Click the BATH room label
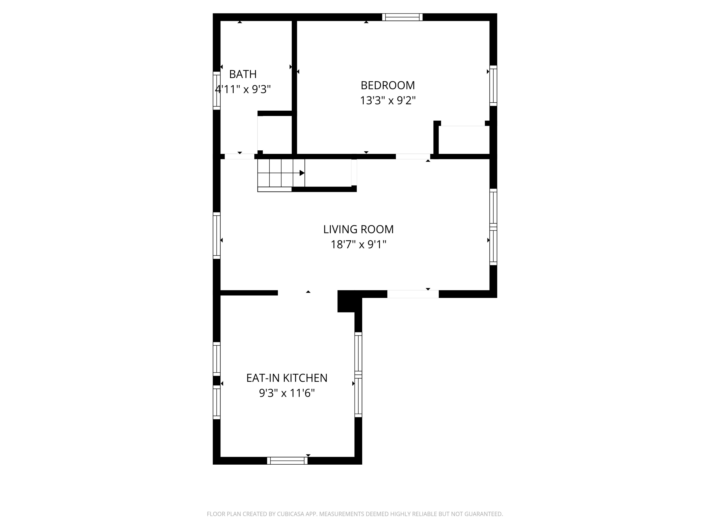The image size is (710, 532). pos(243,74)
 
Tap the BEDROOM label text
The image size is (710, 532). pos(388,85)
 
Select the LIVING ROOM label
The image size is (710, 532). pos(358,229)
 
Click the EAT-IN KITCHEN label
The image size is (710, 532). pos(287,378)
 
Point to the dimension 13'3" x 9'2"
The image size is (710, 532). pos(388,101)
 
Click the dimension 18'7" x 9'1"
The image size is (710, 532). pos(358,245)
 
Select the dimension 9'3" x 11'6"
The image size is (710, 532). pos(287,393)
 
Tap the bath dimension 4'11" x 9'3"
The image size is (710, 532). pos(243,89)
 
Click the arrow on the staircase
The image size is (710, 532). pos(302,173)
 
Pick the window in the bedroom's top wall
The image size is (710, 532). pos(402,17)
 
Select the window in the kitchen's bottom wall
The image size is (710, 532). pos(287,461)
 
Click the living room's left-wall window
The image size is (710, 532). pos(217,235)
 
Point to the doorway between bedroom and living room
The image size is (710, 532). pos(413,157)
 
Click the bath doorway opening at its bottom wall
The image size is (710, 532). pos(240,157)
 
